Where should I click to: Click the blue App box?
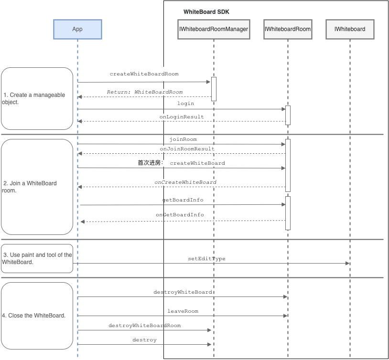[77, 29]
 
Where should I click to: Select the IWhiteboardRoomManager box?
[214, 29]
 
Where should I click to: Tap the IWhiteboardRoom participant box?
[288, 29]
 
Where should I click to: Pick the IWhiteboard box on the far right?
[350, 29]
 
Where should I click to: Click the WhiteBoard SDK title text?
[206, 12]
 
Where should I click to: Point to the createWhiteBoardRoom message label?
[144, 74]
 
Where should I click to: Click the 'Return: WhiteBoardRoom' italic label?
[145, 92]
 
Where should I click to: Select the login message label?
[185, 104]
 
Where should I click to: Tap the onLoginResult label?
[182, 117]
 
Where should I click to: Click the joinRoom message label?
[183, 139]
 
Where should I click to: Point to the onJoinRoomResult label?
[187, 149]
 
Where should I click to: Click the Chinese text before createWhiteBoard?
[151, 163]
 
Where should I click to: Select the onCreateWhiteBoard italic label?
[185, 182]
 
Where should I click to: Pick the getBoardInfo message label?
[183, 200]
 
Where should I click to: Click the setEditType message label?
[206, 259]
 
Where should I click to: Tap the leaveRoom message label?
[183, 311]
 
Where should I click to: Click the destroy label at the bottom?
[144, 339]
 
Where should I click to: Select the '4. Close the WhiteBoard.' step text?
[34, 316]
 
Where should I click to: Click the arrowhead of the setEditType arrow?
[347, 263]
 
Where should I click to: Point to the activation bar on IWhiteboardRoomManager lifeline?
[214, 89]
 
